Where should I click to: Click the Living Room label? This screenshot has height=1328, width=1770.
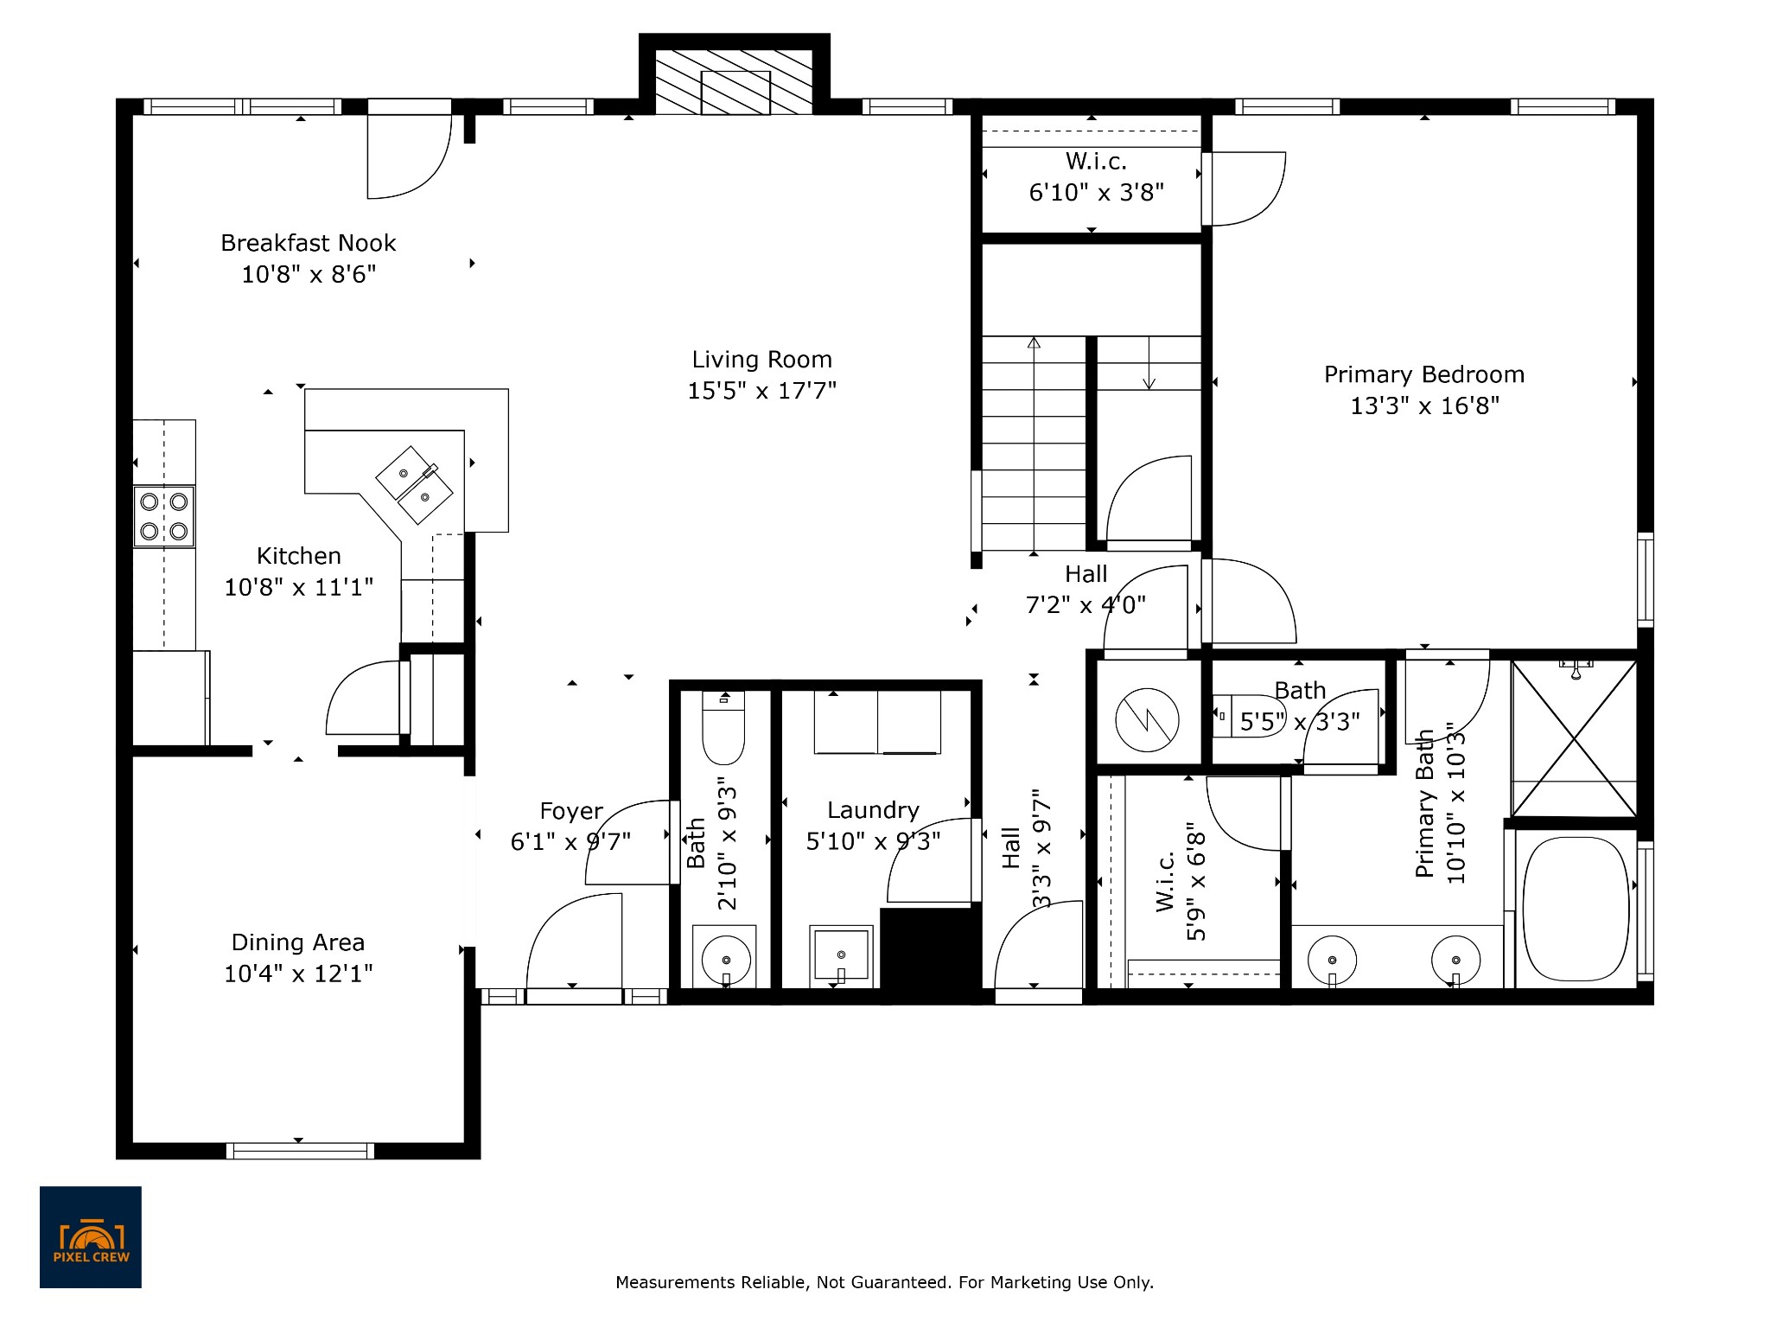(x=761, y=360)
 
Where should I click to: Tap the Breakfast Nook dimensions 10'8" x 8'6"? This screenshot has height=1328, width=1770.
(x=309, y=275)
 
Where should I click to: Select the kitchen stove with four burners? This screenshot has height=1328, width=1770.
(x=164, y=516)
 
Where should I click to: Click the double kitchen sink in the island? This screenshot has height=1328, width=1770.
(x=414, y=484)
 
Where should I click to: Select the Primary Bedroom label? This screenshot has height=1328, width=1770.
(x=1423, y=374)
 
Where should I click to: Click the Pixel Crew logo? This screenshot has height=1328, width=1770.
(x=91, y=1237)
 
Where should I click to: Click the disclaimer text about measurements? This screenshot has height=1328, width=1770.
(x=884, y=1283)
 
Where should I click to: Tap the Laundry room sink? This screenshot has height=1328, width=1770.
(x=840, y=956)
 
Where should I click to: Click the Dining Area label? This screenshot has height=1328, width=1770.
(x=298, y=942)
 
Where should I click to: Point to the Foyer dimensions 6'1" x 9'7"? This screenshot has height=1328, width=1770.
(x=570, y=841)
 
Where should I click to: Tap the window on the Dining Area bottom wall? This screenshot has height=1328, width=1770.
(x=300, y=1151)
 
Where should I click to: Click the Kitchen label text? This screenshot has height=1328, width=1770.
(x=299, y=556)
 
